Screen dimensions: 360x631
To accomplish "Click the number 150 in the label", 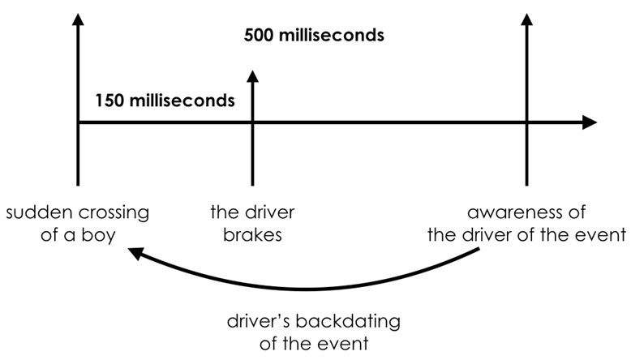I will pos(110,101).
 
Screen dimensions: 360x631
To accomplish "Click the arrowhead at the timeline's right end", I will pos(590,122).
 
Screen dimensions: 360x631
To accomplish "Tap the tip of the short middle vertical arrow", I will pos(253,74).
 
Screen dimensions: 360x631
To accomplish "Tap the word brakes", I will pos(253,237).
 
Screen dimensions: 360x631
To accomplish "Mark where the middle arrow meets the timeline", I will pos(253,122).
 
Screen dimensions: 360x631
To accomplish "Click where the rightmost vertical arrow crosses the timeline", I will pos(527,122).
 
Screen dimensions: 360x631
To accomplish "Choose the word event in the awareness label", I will pos(603,237).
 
